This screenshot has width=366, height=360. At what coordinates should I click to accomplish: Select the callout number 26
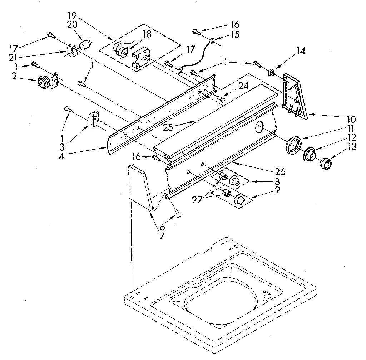[x=281, y=172]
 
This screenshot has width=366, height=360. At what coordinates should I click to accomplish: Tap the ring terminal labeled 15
[x=212, y=41]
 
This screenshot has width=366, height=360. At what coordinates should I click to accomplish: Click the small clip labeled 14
[x=272, y=73]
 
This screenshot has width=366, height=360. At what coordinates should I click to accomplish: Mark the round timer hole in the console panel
[x=260, y=126]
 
